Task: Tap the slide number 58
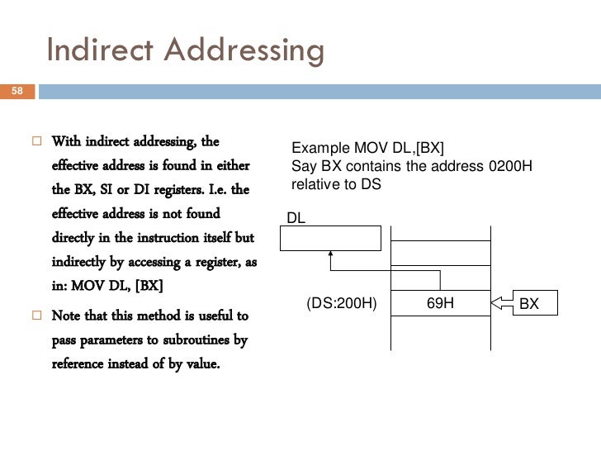point(17,91)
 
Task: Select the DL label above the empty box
point(296,218)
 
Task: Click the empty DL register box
point(330,238)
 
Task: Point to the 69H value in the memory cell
point(440,303)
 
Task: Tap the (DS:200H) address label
point(341,303)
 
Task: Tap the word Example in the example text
point(321,149)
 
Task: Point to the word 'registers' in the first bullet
point(204,168)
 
